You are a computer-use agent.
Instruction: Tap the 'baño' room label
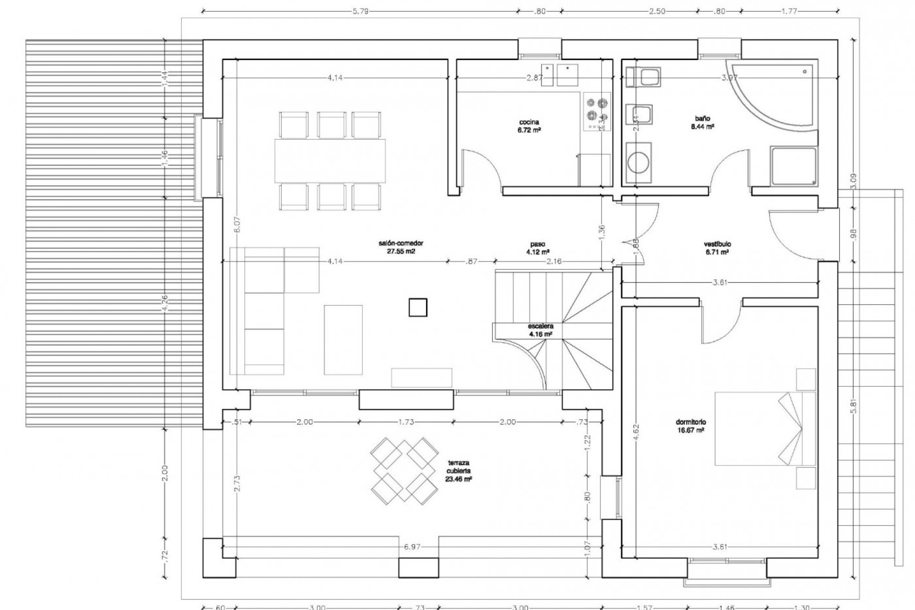(x=702, y=118)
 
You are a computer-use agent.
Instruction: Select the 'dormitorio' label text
(x=691, y=422)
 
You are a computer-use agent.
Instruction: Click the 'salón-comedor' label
(x=401, y=243)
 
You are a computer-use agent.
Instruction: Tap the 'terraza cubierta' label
(x=458, y=462)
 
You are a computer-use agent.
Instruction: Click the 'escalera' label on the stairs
(x=540, y=326)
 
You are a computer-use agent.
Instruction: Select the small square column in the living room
(x=417, y=307)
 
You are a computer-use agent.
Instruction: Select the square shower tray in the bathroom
(x=793, y=165)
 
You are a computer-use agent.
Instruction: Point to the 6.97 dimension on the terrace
(x=412, y=547)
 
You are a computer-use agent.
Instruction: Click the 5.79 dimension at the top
(x=360, y=11)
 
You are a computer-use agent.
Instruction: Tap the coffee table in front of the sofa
(x=343, y=339)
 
